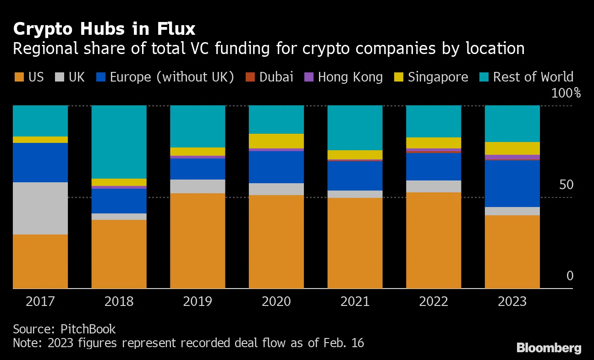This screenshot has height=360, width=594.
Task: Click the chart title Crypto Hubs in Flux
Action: [104, 29]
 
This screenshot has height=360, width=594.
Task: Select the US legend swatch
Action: [19, 77]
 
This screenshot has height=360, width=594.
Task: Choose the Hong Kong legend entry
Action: [344, 77]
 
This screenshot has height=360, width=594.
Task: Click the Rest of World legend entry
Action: [527, 77]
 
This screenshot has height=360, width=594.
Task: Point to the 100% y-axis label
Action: [566, 94]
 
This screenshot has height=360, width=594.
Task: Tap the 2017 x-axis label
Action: [40, 302]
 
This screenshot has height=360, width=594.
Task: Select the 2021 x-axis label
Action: [355, 302]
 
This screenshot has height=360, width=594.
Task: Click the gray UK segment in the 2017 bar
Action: [40, 208]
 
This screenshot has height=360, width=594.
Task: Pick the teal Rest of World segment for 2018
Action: [119, 142]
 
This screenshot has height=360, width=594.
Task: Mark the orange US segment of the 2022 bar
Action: [434, 240]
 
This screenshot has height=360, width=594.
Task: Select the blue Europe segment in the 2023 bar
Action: [512, 183]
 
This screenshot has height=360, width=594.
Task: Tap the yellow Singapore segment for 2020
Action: [276, 141]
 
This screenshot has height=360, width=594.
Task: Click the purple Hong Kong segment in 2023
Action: [512, 157]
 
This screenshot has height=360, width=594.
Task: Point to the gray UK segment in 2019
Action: [198, 186]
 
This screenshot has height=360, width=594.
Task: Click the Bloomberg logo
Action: [549, 348]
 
